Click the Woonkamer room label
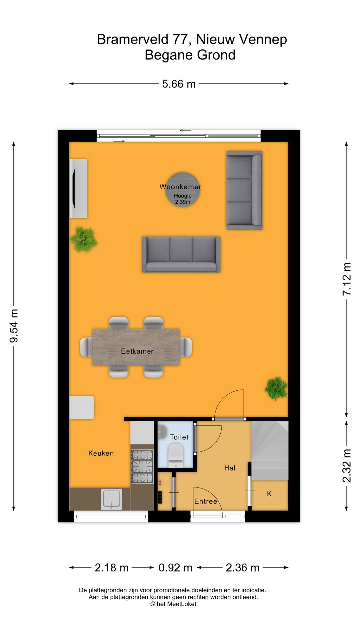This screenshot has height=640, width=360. [x=180, y=187]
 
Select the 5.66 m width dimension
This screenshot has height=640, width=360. [x=179, y=84]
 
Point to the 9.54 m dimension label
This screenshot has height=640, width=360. [x=14, y=326]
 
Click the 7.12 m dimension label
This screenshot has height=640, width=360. [x=347, y=279]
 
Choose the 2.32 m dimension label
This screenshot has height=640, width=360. [x=347, y=465]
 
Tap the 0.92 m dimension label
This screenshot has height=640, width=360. [x=175, y=568]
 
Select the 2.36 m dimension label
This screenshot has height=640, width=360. [x=242, y=568]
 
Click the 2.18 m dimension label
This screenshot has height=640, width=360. [x=112, y=568]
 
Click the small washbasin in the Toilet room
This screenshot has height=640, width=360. [x=162, y=431]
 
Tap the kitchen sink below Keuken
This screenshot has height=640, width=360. [x=112, y=499]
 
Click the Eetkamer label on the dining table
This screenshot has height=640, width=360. [x=137, y=351]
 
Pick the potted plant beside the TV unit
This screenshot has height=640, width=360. [x=84, y=239]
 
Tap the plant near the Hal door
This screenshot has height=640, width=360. [x=276, y=388]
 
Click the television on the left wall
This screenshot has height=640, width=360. [x=74, y=189]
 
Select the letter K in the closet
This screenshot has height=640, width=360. [x=269, y=494]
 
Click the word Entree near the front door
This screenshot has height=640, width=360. [x=206, y=501]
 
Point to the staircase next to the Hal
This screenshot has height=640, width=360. [x=270, y=450]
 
